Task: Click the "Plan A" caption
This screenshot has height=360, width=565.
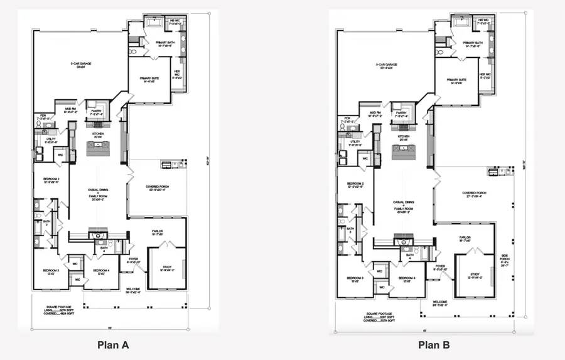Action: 113,344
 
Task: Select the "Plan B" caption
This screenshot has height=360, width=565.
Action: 434,344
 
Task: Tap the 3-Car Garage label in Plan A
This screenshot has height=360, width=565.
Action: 79,66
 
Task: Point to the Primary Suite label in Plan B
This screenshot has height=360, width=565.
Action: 456,82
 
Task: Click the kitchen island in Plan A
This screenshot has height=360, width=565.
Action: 97,148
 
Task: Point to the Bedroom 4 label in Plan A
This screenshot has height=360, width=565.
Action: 102,271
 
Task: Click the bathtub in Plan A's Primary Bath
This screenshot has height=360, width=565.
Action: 154,23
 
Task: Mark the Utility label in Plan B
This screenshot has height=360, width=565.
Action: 354,143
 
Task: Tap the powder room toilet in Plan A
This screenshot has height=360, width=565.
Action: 40,125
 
